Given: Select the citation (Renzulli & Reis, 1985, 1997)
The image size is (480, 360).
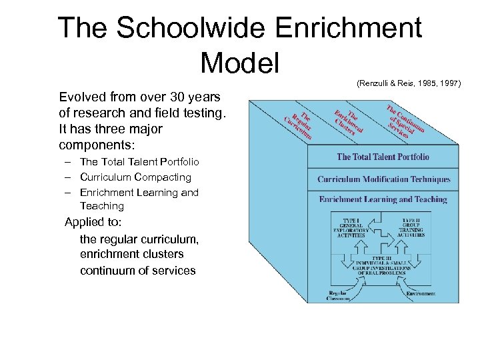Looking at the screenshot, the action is pos(409,83).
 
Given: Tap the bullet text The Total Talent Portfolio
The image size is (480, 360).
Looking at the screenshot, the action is pos(139,162).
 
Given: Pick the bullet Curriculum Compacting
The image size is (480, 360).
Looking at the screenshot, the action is pos(135,177).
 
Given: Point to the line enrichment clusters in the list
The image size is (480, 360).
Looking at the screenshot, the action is pos(131,254).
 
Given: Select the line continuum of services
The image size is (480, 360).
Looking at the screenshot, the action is pos(137,270).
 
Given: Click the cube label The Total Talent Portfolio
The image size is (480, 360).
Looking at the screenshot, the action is pos(383,157).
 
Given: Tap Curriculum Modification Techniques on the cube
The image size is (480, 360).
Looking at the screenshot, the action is pos(383,179).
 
